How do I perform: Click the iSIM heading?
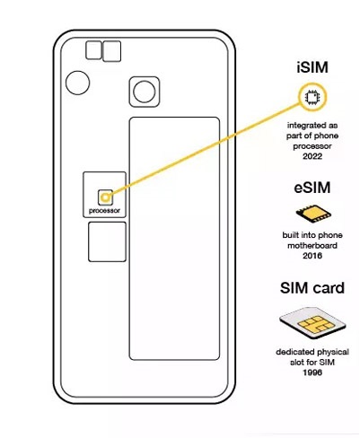click(x=312, y=67)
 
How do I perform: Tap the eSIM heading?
click(x=312, y=188)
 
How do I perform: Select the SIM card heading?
click(x=312, y=288)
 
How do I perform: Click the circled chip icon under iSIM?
click(x=312, y=97)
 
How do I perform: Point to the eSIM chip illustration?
click(x=313, y=214)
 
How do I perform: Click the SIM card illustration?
click(x=312, y=323)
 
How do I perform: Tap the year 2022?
click(x=312, y=156)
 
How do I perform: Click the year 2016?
click(x=312, y=256)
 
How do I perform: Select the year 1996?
click(x=312, y=372)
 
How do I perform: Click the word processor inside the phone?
click(x=104, y=211)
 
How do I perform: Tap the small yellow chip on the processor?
click(x=105, y=197)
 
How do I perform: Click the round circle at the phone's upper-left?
click(x=77, y=83)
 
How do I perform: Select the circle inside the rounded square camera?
click(x=145, y=92)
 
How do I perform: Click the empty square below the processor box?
click(x=107, y=241)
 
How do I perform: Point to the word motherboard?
click(x=312, y=246)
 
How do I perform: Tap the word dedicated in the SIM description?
click(x=294, y=352)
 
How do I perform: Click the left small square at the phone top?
click(x=93, y=50)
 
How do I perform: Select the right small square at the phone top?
click(x=111, y=51)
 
